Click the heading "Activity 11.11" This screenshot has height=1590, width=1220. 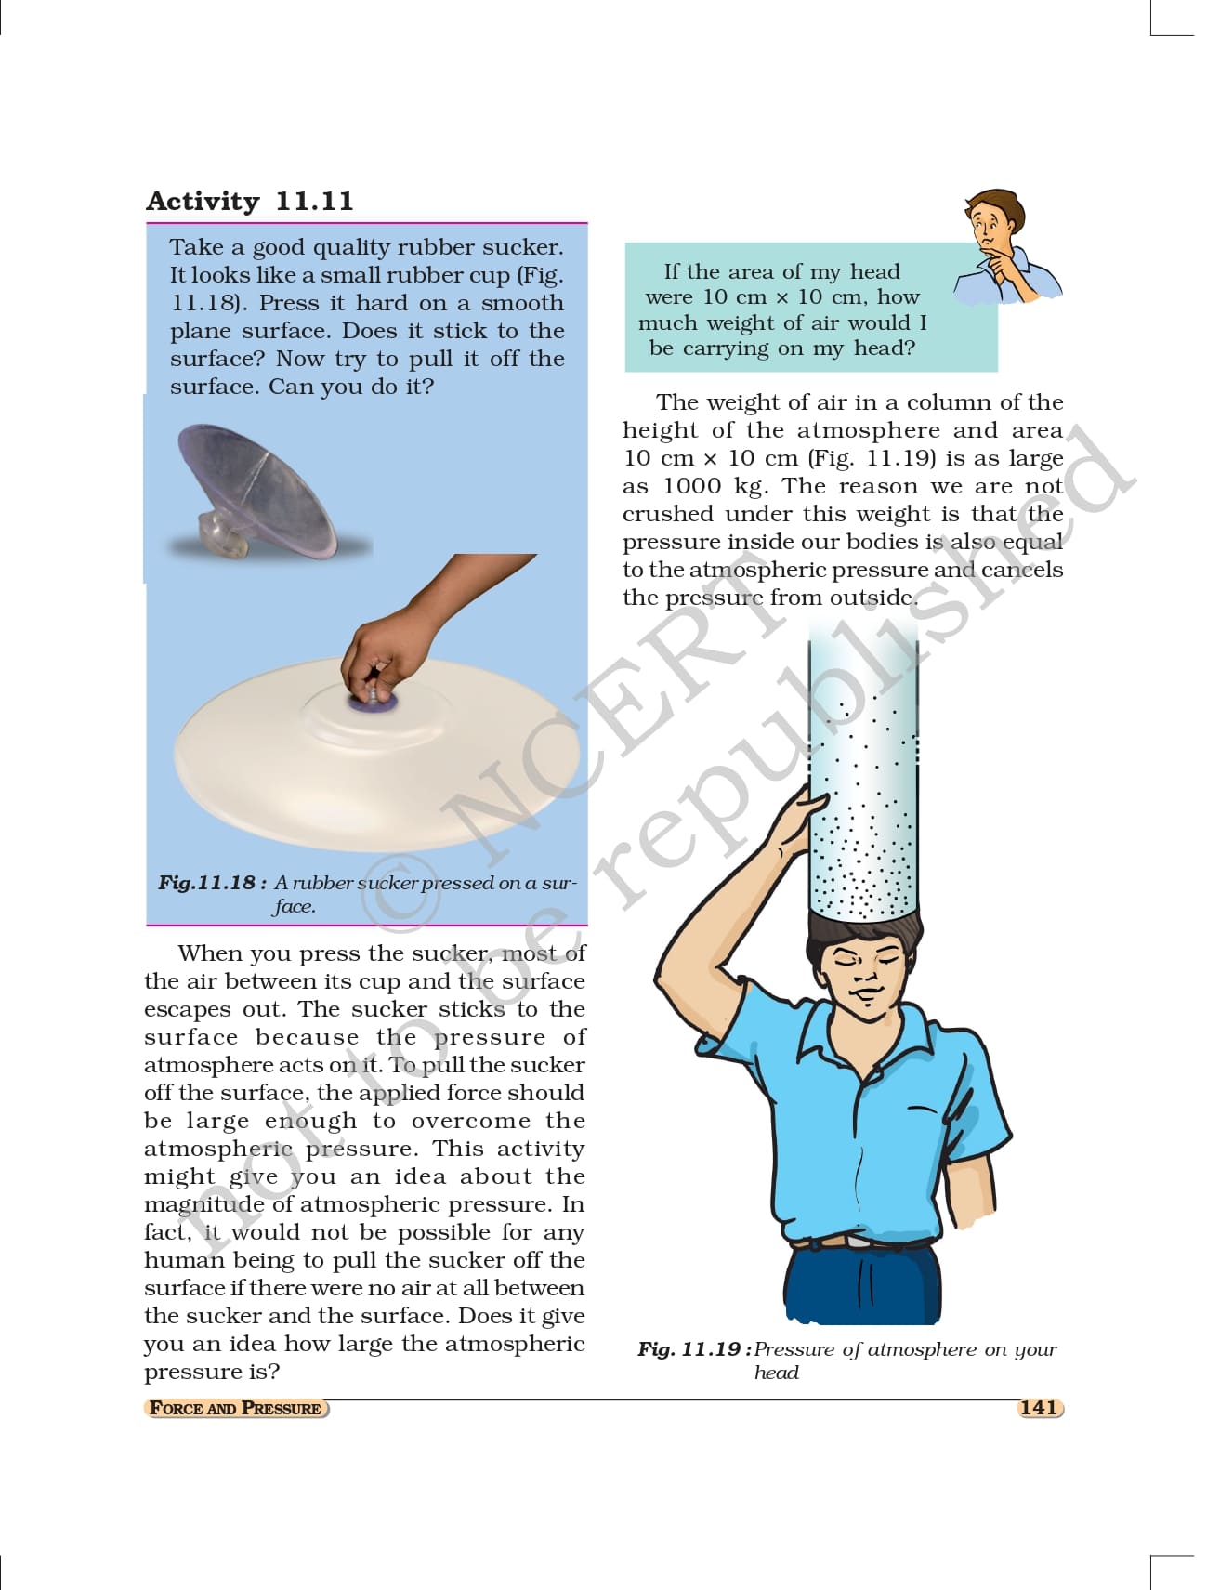(x=250, y=202)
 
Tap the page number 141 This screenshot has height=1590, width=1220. (x=1039, y=1407)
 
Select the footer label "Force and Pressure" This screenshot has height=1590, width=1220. (x=236, y=1408)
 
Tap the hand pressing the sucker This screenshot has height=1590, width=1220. (x=418, y=632)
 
